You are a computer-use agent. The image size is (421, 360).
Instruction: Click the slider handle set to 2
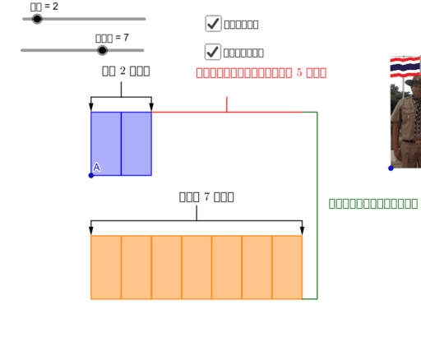[x=37, y=19]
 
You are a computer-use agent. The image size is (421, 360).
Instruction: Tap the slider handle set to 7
[x=102, y=50]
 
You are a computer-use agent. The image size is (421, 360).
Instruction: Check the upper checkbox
[x=213, y=23]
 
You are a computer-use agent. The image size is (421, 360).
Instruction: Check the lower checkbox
[x=213, y=51]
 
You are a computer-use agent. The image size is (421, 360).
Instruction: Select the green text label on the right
[x=372, y=203]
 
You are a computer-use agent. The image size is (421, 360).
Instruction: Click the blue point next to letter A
[x=91, y=175]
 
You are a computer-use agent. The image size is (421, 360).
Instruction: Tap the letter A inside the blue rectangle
[x=97, y=167]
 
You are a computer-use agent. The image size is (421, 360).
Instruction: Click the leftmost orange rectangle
[x=106, y=267]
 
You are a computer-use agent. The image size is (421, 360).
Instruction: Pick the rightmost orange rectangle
[x=287, y=267]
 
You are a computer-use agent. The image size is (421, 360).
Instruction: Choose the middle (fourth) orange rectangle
[x=197, y=267]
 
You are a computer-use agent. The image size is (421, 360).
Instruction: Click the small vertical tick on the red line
[x=227, y=104]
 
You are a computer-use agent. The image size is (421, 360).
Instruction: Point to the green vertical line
[x=317, y=205]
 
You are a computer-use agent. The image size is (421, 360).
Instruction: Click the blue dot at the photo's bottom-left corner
[x=391, y=168]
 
